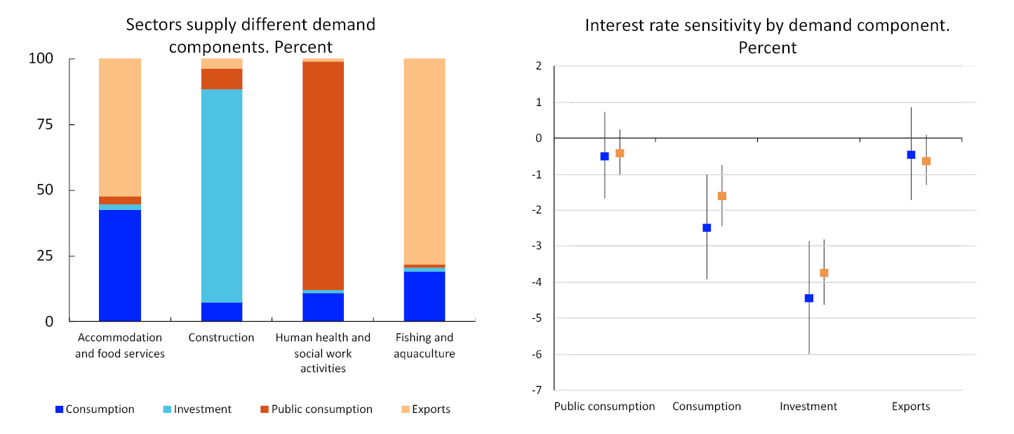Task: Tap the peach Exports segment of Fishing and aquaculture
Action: (x=424, y=161)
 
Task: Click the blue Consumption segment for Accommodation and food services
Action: (x=119, y=265)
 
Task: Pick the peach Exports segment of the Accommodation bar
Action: (x=119, y=127)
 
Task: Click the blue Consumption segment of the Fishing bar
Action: (x=424, y=296)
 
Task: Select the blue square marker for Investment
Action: (x=809, y=298)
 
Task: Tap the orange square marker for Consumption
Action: (x=722, y=196)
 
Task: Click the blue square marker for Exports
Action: (x=911, y=154)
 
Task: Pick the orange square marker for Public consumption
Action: (x=620, y=153)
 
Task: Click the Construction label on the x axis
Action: (x=221, y=338)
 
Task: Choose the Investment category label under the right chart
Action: (x=808, y=407)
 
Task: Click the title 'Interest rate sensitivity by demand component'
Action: (x=767, y=27)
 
